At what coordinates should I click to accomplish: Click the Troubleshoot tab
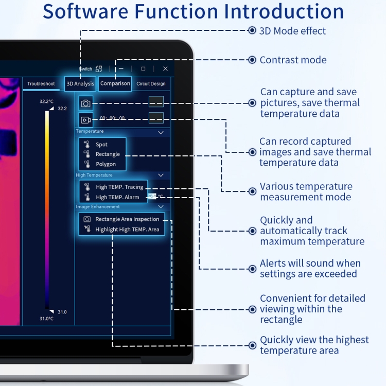coord(41,83)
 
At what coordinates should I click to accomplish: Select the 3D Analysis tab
coord(80,83)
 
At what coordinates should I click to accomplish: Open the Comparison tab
coord(115,83)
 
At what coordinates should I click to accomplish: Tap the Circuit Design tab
coord(151,83)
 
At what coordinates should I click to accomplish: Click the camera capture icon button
coord(85,103)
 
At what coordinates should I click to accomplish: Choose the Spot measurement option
coord(101,145)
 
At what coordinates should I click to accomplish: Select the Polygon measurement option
coord(106,164)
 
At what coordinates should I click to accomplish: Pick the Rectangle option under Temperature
coord(108,154)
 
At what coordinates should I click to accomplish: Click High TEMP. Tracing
coord(119,187)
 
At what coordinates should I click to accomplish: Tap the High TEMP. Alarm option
coord(117,197)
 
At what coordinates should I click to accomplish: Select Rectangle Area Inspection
coord(127,219)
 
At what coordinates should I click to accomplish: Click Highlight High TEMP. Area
coord(127,230)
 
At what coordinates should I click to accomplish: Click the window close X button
coord(165,68)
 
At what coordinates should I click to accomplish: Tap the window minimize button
coord(121,68)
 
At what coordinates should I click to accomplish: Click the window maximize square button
coord(143,68)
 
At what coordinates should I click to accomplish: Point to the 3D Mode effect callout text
coord(292,31)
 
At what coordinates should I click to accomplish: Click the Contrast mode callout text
coord(293,60)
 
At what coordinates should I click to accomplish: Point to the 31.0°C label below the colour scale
coord(47,319)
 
